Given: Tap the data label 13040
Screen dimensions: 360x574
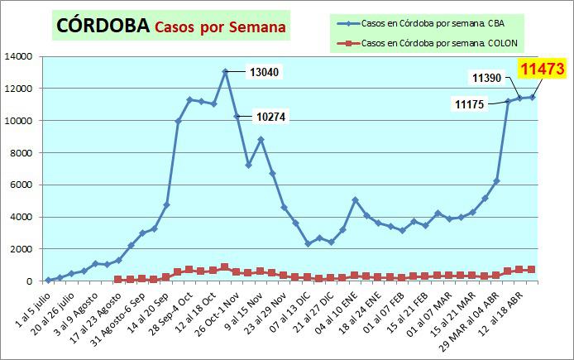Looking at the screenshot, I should (x=264, y=72).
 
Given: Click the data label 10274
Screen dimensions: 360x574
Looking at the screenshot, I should (x=270, y=118).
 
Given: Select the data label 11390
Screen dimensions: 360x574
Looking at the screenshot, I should (x=489, y=78).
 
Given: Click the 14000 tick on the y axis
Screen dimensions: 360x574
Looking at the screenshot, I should (x=18, y=56).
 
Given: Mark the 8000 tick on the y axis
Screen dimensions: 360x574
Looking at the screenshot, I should (x=21, y=153).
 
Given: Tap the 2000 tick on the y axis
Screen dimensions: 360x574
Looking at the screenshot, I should (x=21, y=249).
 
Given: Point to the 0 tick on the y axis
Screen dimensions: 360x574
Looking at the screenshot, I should (x=29, y=281).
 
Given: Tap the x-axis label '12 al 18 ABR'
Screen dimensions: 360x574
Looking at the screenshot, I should (x=514, y=310).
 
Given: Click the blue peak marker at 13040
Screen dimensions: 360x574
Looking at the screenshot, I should (x=225, y=72).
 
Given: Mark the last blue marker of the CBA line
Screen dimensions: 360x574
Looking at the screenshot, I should (x=532, y=97).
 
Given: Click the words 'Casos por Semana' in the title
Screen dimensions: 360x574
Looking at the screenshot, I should (x=219, y=26).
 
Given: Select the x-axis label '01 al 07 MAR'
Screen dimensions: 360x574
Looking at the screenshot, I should (x=442, y=310).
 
